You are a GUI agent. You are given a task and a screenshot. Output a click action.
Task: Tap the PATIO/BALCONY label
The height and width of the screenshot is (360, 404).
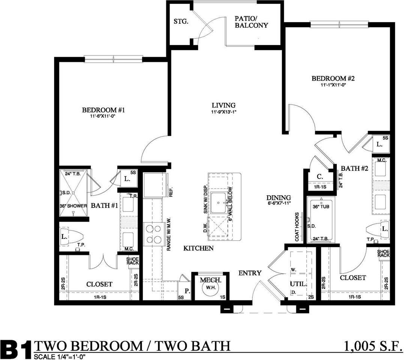(251, 22)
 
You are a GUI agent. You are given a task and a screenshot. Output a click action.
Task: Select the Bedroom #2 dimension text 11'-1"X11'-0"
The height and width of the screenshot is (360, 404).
(333, 85)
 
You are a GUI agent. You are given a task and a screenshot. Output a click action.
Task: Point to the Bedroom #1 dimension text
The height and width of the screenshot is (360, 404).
(103, 117)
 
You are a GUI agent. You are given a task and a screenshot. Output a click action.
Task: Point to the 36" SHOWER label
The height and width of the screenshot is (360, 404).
(73, 206)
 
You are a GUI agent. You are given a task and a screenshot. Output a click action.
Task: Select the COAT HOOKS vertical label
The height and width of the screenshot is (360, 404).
(297, 226)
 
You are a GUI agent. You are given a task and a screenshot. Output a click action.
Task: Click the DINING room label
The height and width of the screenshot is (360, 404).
(279, 198)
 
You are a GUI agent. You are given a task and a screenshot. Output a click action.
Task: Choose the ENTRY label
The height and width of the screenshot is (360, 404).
(250, 273)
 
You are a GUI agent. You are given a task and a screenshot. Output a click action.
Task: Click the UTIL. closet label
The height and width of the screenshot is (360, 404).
(298, 284)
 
